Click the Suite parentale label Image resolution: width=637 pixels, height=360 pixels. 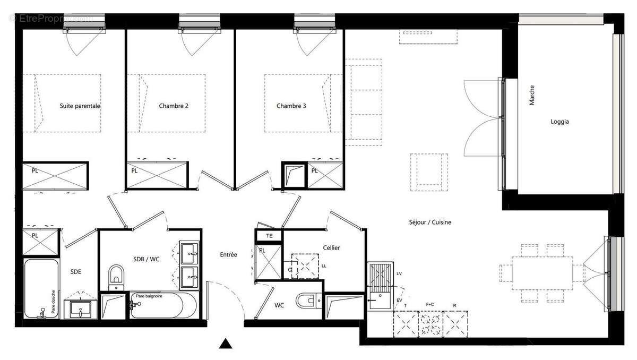pyautogui.click(x=80, y=106)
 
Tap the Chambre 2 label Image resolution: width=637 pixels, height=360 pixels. pyautogui.click(x=174, y=106)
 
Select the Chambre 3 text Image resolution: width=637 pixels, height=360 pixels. pyautogui.click(x=291, y=106)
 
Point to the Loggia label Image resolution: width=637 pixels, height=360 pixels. pyautogui.click(x=559, y=122)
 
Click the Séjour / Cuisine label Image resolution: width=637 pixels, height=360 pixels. pyautogui.click(x=430, y=222)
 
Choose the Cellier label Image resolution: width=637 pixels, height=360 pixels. pyautogui.click(x=331, y=248)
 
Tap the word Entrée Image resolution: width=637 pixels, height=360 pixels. pyautogui.click(x=228, y=255)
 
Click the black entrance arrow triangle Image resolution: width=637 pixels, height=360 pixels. pyautogui.click(x=226, y=344)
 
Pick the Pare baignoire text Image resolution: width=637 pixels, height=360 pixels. pyautogui.click(x=149, y=296)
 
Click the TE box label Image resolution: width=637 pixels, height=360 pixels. pyautogui.click(x=269, y=236)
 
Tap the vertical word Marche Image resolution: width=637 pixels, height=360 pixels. pyautogui.click(x=532, y=95)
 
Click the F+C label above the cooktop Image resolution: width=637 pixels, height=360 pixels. pyautogui.click(x=430, y=305)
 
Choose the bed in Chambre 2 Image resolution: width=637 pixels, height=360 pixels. pyautogui.click(x=172, y=102)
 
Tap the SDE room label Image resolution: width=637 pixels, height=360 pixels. pyautogui.click(x=76, y=272)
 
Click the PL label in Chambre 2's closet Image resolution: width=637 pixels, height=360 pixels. pyautogui.click(x=134, y=171)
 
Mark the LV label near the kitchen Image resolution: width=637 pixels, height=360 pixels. pyautogui.click(x=399, y=273)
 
